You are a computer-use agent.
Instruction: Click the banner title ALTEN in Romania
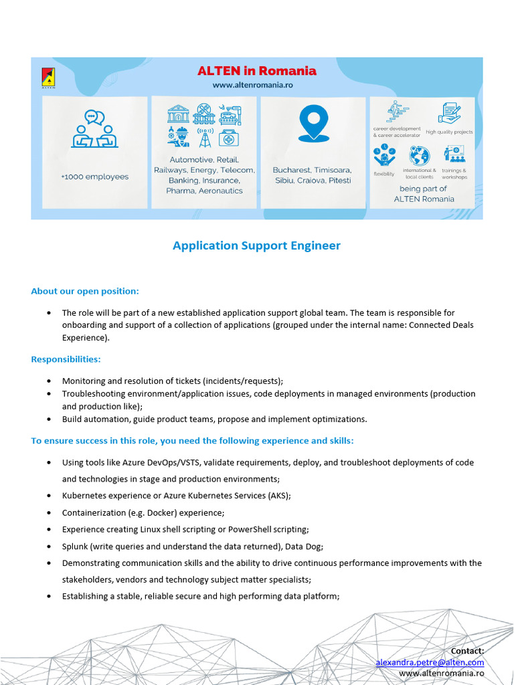tap(256, 71)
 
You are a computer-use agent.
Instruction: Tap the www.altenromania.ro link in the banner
tap(253, 85)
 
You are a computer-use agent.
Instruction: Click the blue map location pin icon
tap(313, 123)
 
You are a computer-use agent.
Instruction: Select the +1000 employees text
tap(94, 177)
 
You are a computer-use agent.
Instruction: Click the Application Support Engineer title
tap(256, 246)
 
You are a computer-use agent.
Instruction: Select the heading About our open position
tap(85, 291)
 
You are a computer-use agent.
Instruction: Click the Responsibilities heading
tap(66, 359)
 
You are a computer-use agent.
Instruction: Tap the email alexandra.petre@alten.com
tap(430, 662)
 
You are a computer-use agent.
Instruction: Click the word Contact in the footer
tap(467, 651)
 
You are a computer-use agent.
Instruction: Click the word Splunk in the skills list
tap(75, 546)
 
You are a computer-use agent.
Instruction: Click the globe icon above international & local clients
tap(420, 156)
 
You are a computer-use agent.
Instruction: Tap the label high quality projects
tap(449, 132)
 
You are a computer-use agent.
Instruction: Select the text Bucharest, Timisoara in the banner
tap(312, 170)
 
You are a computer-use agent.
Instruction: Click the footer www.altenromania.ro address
tap(441, 673)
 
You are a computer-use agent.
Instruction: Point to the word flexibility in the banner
tap(383, 174)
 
